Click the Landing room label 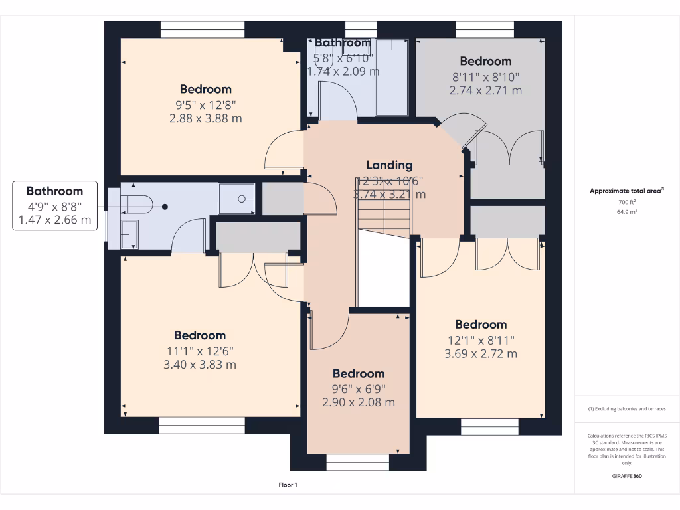390,165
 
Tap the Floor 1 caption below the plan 287,485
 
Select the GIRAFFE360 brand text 627,475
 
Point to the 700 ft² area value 627,201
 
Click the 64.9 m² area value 627,212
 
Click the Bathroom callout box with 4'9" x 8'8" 54,205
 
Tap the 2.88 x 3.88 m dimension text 205,118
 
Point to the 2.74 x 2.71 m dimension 485,90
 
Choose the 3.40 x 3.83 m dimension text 200,365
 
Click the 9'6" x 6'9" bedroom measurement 359,388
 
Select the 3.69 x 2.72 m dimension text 481,354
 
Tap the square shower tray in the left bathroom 236,199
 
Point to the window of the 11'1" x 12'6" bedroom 202,426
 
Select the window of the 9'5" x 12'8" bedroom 203,29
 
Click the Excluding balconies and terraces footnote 627,409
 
